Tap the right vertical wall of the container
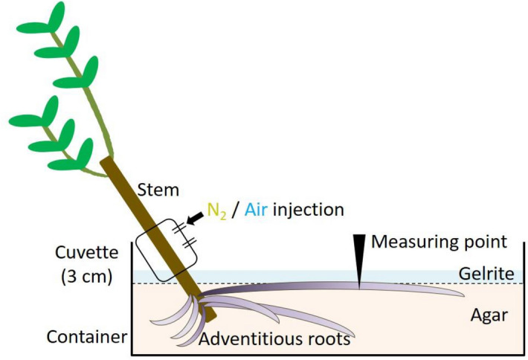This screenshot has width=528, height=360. tap(525, 298)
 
